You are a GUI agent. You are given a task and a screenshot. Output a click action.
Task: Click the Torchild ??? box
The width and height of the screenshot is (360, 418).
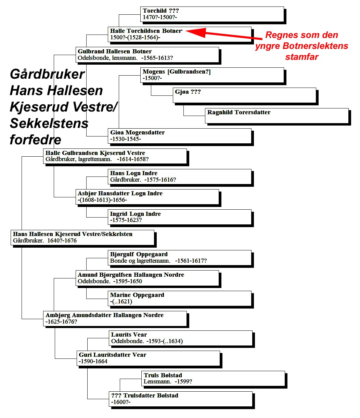(x=212, y=14)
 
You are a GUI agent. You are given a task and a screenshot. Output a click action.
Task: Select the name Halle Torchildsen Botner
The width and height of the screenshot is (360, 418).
(x=146, y=31)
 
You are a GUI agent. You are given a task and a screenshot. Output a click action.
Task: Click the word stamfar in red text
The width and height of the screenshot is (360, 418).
(x=301, y=57)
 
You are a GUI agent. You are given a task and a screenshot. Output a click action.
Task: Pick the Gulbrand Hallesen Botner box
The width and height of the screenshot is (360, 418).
(x=147, y=55)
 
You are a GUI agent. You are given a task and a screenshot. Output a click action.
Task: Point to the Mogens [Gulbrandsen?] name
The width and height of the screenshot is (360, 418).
(x=177, y=71)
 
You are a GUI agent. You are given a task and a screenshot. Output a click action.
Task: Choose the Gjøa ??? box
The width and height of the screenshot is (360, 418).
(x=244, y=95)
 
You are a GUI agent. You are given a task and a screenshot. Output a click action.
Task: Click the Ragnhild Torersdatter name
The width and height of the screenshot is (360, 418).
(x=239, y=112)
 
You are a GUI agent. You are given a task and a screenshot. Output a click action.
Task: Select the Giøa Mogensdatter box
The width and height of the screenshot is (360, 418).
(x=180, y=136)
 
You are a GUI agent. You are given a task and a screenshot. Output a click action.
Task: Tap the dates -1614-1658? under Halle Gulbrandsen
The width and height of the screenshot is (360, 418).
(x=133, y=159)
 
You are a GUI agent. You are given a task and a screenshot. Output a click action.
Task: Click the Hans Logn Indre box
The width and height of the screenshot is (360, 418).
(x=180, y=177)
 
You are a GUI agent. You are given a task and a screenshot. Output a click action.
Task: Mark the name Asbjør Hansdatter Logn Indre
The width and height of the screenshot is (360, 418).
(x=120, y=193)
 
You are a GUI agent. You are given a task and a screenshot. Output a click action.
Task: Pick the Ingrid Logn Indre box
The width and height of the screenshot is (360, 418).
(x=180, y=217)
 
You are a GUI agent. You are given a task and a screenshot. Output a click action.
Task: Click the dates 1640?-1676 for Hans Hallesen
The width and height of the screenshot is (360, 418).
(x=62, y=240)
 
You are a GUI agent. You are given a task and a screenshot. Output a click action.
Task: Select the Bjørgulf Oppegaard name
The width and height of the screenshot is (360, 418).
(x=139, y=254)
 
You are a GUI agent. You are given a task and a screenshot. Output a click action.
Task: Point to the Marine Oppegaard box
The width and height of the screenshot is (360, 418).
(x=180, y=298)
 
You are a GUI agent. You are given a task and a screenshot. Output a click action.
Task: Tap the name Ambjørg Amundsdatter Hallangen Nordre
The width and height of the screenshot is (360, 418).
(x=104, y=315)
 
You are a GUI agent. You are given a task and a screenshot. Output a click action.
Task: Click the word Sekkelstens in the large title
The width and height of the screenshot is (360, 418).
(x=49, y=123)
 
